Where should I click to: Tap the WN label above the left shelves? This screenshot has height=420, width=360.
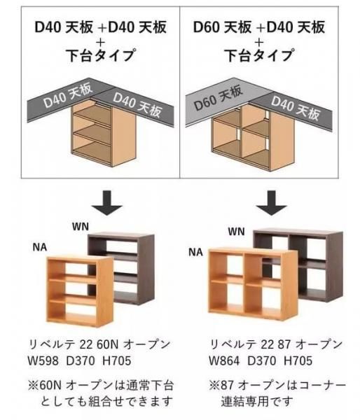(81, 227)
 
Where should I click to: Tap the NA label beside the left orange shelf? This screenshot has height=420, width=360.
(40, 247)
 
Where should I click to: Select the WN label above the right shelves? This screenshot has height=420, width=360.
(237, 232)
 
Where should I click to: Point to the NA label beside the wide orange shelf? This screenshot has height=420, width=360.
(195, 252)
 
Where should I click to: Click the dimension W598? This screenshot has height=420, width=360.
(43, 360)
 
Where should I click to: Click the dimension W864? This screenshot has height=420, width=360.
(224, 360)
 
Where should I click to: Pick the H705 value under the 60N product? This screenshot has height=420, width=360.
(117, 360)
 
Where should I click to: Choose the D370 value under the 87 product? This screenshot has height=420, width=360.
(262, 360)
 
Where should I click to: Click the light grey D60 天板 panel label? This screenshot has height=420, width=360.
(219, 98)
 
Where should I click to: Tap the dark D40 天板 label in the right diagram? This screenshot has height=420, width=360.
(296, 108)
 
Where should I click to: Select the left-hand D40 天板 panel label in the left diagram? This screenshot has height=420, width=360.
(68, 95)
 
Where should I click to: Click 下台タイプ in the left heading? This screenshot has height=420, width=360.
(101, 55)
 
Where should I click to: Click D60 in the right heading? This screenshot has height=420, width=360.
(207, 27)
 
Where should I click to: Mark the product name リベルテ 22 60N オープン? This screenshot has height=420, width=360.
(99, 344)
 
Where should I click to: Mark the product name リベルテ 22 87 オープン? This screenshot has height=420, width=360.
(276, 344)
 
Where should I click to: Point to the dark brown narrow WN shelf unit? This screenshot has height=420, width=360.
(121, 268)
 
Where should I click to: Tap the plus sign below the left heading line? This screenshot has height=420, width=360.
(101, 42)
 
